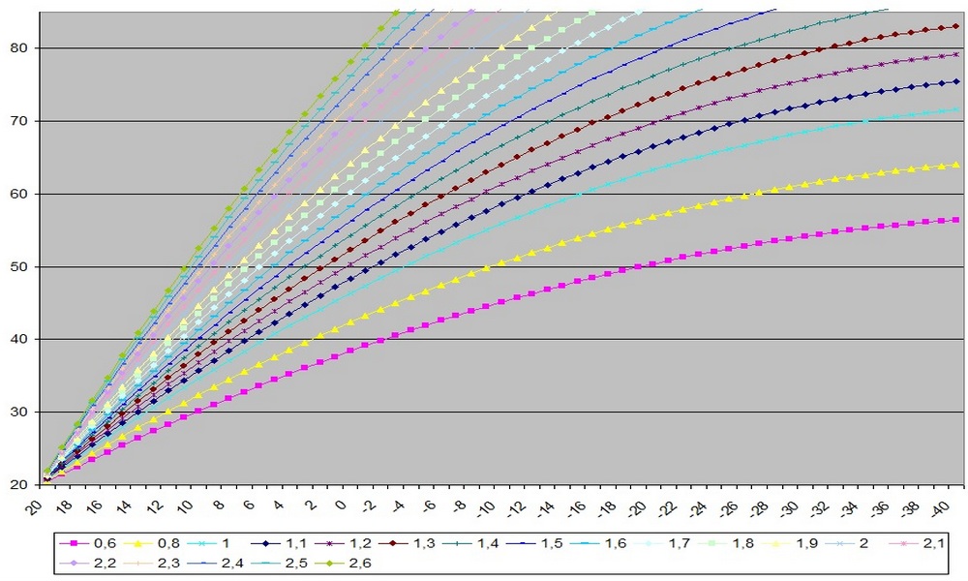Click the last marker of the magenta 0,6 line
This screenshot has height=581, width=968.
click(955, 220)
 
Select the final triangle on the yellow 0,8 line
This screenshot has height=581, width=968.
click(955, 165)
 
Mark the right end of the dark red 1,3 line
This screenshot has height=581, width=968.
click(955, 26)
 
